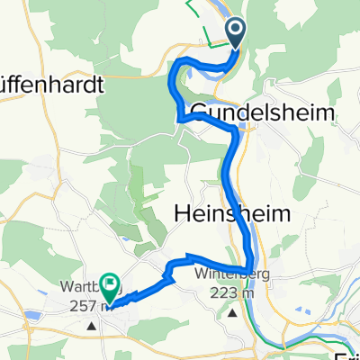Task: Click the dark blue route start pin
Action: tap(236, 32)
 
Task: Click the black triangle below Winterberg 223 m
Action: tap(233, 314)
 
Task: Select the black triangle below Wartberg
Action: tap(92, 324)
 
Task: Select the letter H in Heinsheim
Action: tap(179, 213)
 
